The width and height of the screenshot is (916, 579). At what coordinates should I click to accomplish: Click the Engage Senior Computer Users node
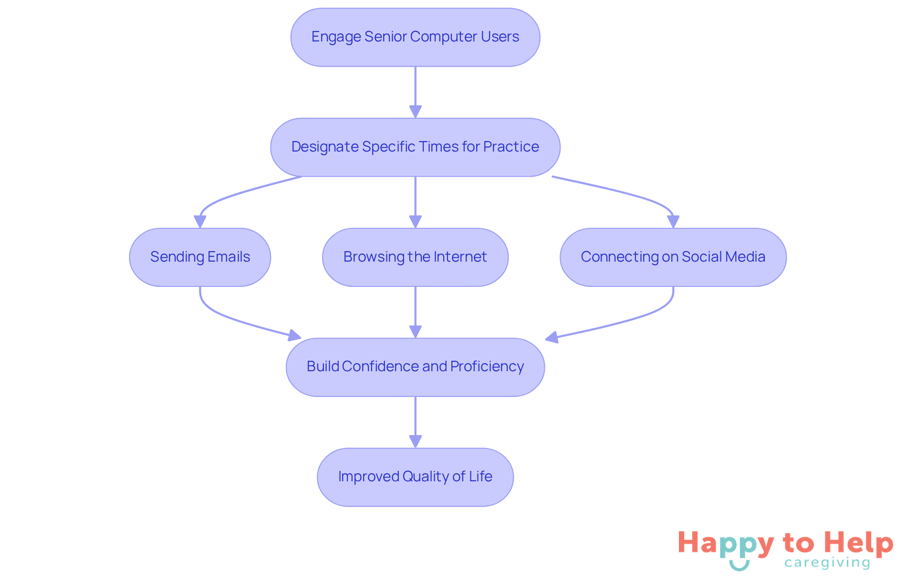point(415,37)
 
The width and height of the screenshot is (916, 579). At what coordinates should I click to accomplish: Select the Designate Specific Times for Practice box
point(415,147)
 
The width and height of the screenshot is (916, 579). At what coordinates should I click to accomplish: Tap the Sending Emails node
point(200,257)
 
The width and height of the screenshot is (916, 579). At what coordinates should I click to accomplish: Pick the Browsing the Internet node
point(415,257)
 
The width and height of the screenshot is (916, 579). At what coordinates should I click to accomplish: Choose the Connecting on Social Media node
point(673,257)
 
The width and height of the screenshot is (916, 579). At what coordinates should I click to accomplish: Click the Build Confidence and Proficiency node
point(415,367)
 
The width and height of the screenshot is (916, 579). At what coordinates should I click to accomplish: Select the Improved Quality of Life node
point(415,477)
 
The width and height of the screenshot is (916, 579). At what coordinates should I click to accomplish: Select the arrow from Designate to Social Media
point(635,195)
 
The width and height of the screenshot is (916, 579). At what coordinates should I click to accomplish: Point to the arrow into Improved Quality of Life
point(415,422)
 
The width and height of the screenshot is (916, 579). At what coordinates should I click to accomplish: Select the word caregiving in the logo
point(827,563)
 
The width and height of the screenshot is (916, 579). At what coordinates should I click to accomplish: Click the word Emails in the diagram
point(229,257)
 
